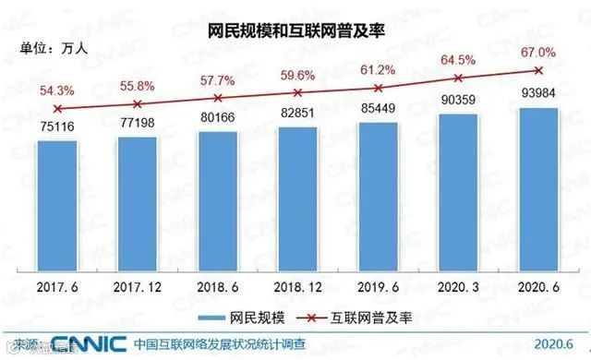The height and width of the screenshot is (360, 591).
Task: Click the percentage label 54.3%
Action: [57, 90]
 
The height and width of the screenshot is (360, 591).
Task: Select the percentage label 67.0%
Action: [536, 52]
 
